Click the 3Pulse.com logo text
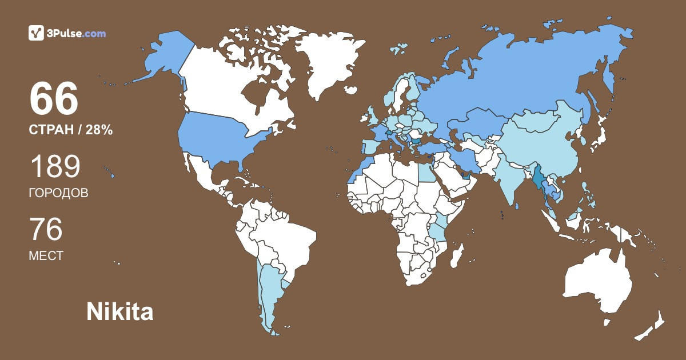(76, 34)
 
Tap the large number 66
(54, 99)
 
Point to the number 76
(46, 230)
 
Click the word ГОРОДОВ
(58, 193)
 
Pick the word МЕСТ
(46, 256)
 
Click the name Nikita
(119, 312)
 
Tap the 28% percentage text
(99, 130)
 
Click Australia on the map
(595, 280)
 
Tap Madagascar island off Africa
(456, 255)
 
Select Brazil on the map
(286, 234)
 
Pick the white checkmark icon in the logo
(36, 33)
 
